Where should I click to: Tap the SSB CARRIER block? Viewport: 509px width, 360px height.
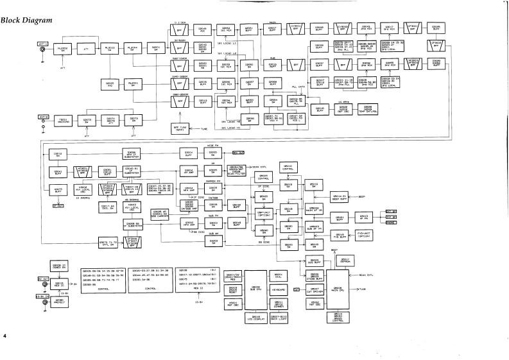point(160,214)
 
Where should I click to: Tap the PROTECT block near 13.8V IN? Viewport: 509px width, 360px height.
point(59,300)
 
